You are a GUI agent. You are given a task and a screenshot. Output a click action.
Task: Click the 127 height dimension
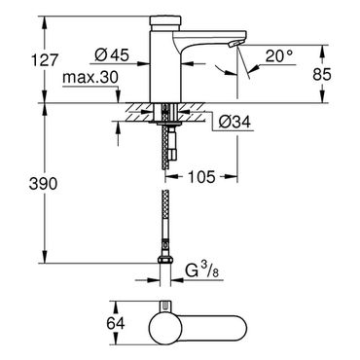45,60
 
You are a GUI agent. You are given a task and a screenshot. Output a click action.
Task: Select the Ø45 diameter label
112,54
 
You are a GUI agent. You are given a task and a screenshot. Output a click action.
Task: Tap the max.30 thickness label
90,78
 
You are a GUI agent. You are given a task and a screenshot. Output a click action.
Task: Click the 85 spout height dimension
322,75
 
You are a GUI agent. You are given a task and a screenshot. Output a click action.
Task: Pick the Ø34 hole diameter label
234,122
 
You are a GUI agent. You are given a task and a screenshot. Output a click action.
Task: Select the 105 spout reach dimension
202,177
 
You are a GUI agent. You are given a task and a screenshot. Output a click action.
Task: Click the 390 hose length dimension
43,184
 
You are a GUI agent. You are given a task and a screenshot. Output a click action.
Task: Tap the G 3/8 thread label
201,270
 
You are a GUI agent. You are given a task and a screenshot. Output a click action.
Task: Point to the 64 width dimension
116,323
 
